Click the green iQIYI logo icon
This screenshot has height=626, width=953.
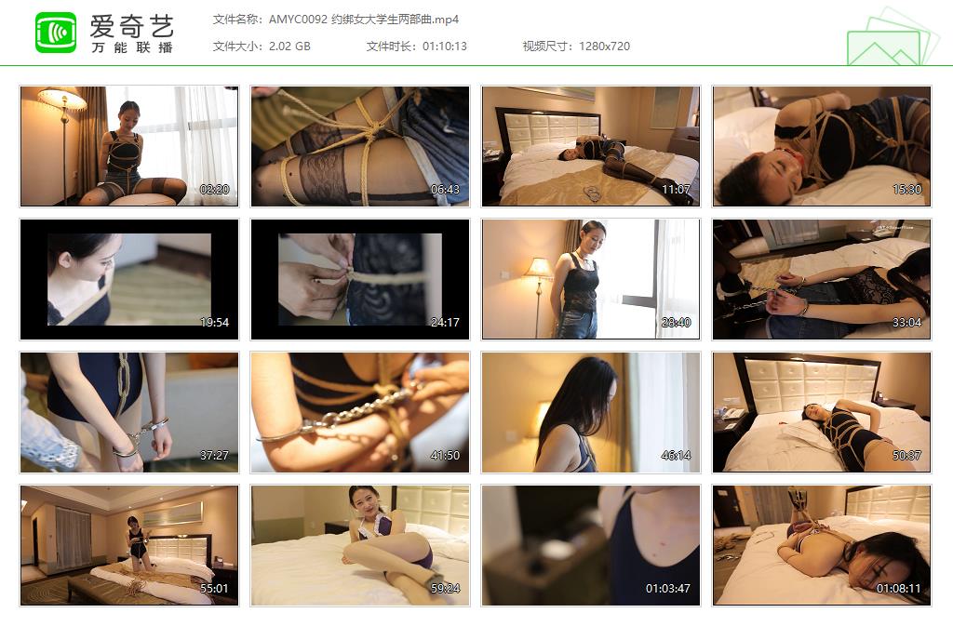click(56, 33)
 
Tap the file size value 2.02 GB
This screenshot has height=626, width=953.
click(289, 46)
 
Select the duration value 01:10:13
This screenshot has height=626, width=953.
click(445, 46)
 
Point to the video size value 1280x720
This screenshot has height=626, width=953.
click(604, 46)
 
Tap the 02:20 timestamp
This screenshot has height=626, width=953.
click(214, 190)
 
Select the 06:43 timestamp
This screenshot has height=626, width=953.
click(446, 190)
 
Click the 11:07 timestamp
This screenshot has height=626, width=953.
click(676, 190)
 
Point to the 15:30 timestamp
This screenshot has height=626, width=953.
click(906, 190)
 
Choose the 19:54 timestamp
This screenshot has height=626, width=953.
click(214, 323)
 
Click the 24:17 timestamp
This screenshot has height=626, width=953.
click(446, 323)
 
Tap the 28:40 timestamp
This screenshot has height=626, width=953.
click(676, 323)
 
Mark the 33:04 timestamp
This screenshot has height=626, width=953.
click(906, 323)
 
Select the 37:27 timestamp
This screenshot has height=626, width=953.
click(214, 456)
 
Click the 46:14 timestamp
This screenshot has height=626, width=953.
click(676, 456)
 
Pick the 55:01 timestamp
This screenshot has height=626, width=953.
click(214, 589)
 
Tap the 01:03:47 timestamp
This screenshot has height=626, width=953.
click(668, 589)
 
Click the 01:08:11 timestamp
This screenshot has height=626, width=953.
click(899, 589)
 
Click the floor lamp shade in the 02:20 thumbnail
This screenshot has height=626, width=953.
click(61, 99)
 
